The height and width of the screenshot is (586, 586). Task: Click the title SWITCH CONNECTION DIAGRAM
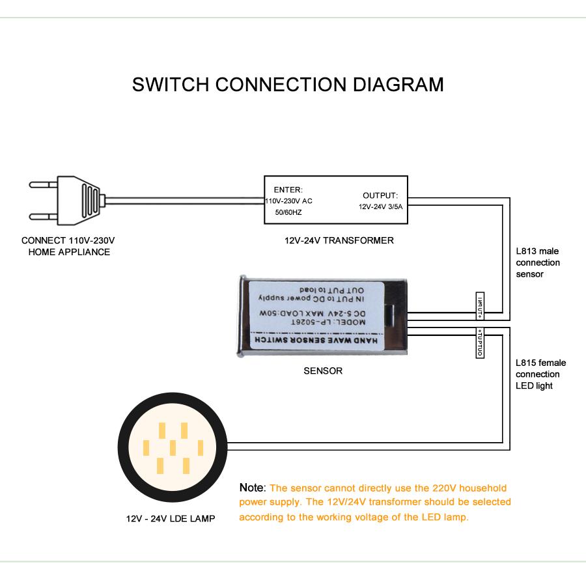point(288,85)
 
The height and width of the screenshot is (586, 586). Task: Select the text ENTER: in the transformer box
point(288,189)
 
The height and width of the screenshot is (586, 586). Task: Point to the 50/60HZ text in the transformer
point(287,213)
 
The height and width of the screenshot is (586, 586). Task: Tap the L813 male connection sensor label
point(537,262)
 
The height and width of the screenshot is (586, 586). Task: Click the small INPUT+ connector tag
point(480,305)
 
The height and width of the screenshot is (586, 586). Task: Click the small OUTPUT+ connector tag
point(480,344)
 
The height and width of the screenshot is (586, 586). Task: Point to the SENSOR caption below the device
point(323,371)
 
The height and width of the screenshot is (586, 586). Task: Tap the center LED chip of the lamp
point(173,447)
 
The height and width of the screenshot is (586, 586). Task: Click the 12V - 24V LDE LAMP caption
point(171,519)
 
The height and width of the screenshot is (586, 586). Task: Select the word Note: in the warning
point(253,488)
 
